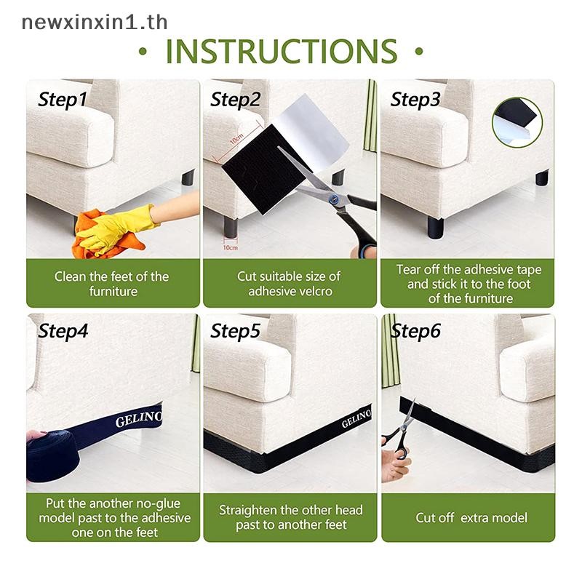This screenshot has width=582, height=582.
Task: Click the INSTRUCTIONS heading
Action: (x=281, y=51)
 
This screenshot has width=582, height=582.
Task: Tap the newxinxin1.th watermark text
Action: (x=95, y=22)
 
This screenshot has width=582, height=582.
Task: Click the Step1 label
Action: (x=63, y=100)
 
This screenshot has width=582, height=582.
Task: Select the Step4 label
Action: (x=63, y=331)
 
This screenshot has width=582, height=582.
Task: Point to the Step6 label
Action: (x=415, y=331)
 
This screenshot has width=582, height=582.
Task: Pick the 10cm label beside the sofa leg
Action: (x=230, y=247)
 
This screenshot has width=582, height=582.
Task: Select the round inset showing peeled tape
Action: (x=517, y=122)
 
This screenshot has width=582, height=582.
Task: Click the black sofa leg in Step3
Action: (x=436, y=227)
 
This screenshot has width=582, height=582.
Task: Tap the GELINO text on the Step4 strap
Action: (x=138, y=419)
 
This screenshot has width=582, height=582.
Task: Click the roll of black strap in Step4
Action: (x=52, y=456)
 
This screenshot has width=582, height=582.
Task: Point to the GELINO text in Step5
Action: (x=356, y=418)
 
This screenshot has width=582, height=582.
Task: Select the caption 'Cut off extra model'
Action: (x=471, y=518)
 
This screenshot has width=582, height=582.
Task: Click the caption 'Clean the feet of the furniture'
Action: (x=112, y=284)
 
